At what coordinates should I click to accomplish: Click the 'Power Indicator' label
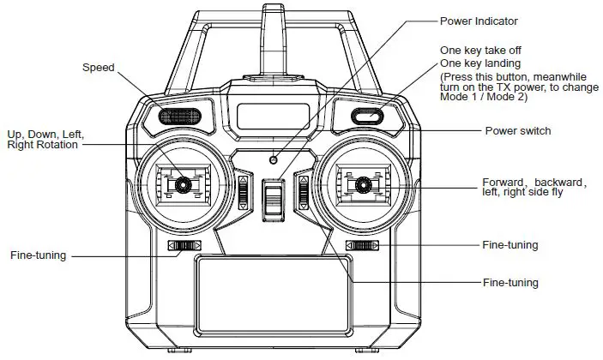click(479, 21)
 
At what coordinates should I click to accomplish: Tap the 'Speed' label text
click(98, 67)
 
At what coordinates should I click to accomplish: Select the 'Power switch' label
click(517, 131)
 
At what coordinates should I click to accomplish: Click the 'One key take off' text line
click(479, 51)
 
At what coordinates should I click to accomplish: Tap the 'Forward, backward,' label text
click(533, 183)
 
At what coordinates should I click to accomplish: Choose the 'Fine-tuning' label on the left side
click(38, 255)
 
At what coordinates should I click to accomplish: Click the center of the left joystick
click(183, 183)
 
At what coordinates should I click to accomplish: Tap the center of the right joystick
click(363, 183)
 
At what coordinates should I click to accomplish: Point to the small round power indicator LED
click(274, 159)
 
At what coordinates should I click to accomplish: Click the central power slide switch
click(273, 199)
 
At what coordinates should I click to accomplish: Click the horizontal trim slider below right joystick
click(362, 247)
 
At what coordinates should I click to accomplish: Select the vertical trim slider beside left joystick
click(243, 193)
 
